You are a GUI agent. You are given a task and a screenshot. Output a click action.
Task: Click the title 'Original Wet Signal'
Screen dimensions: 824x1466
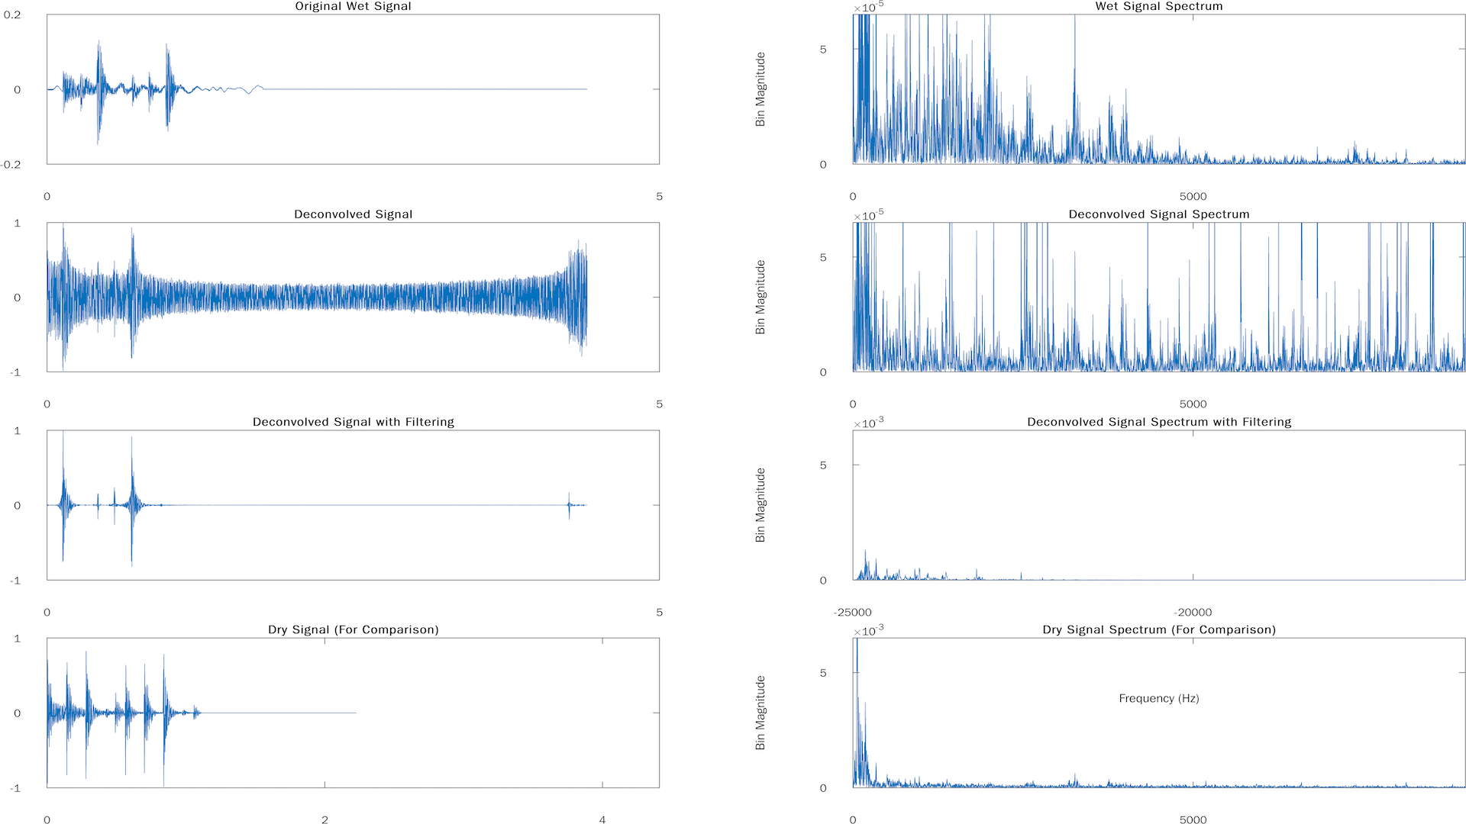point(353,7)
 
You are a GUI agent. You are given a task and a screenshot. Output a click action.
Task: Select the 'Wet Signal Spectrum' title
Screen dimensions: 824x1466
point(1158,7)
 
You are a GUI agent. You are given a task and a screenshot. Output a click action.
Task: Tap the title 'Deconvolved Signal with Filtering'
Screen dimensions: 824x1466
point(353,422)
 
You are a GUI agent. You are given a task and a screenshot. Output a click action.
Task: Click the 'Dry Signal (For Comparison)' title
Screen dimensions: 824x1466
point(353,629)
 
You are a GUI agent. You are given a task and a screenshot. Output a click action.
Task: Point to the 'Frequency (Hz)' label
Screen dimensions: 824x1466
point(1158,698)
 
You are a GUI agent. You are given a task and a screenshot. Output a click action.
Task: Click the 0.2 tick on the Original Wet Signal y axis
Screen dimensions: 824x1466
point(12,14)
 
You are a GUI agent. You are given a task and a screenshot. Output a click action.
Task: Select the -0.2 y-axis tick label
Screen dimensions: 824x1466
point(11,165)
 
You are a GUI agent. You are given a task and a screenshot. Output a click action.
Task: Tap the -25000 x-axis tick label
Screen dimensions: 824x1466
point(852,612)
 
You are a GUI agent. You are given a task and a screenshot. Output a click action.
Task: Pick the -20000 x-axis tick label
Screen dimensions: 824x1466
point(1193,612)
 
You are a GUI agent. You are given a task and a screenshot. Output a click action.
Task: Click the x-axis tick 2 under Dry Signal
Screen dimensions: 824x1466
point(325,819)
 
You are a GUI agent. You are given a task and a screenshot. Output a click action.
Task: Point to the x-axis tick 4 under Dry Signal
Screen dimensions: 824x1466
point(602,819)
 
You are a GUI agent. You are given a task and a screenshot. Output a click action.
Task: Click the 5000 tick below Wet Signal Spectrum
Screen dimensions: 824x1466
point(1193,196)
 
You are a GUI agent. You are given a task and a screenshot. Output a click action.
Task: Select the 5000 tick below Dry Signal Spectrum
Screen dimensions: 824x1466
point(1193,819)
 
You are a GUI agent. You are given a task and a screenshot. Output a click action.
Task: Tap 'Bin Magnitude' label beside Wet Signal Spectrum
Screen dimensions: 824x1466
point(760,89)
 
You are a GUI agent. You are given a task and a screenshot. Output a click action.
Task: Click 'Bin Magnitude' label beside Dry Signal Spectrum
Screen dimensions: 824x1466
point(760,713)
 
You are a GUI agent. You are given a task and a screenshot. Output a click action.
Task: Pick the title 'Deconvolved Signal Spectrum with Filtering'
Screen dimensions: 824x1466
point(1158,422)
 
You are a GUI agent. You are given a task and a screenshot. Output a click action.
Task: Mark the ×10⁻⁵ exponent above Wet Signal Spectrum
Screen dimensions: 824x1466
point(868,8)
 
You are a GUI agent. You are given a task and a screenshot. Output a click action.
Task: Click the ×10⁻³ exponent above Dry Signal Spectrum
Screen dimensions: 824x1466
point(868,631)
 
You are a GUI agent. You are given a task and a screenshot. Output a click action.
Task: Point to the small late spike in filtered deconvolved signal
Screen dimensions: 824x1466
point(569,505)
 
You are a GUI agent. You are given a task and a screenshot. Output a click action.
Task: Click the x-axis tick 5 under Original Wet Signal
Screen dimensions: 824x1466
point(659,196)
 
